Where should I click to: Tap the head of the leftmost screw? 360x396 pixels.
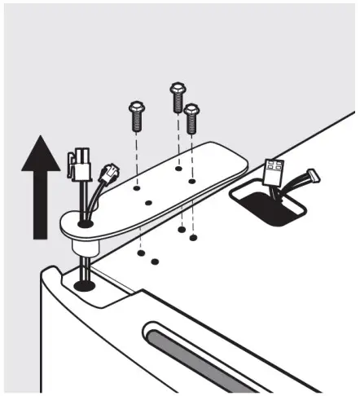coord(136,107)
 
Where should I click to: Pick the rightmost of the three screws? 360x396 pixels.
coord(192,118)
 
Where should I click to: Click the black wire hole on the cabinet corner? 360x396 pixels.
coord(83,286)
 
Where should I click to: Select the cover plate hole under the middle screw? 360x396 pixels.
coord(178,169)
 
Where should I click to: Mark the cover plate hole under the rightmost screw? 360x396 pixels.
coord(192,180)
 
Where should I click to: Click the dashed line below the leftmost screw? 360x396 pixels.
coord(136,155)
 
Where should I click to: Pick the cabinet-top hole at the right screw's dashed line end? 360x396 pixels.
coord(192,238)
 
